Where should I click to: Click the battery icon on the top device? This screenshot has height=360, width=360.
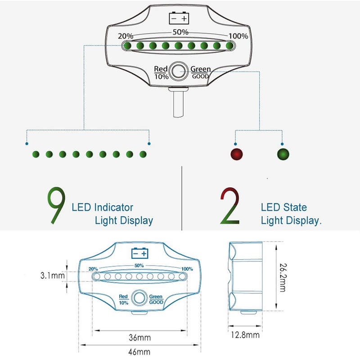tap(179, 18)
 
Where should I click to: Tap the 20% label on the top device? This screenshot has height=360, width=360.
tap(126, 36)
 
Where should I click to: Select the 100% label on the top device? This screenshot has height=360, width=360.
tap(238, 36)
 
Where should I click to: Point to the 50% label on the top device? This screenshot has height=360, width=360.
tap(180, 32)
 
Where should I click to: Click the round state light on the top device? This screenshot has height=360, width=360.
tap(179, 71)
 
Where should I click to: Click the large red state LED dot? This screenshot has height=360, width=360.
tap(237, 154)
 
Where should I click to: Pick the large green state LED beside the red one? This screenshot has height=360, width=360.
tap(283, 154)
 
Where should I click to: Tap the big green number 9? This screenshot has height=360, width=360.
tap(56, 205)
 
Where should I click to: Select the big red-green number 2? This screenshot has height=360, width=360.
tap(230, 206)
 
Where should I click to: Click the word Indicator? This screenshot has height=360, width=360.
tap(114, 207)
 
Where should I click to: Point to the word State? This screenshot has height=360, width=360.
tap(295, 207)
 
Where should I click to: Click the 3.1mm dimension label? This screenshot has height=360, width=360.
tap(53, 275)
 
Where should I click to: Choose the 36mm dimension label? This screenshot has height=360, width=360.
tap(140, 337)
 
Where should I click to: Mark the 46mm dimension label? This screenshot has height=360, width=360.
tap(139, 352)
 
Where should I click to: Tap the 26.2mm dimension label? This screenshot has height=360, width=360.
tap(283, 278)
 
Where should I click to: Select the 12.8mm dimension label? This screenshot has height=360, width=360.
tap(245, 335)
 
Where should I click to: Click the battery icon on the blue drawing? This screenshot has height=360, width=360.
tap(139, 253)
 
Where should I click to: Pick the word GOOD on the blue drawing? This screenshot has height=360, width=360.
tap(156, 302)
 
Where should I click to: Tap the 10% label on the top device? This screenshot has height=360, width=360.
tap(162, 76)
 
